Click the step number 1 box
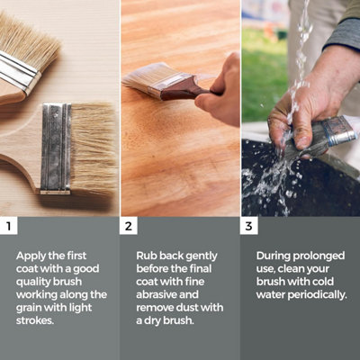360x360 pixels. click(9, 226)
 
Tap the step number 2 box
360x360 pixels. click(129, 226)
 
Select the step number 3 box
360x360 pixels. click(249, 226)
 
